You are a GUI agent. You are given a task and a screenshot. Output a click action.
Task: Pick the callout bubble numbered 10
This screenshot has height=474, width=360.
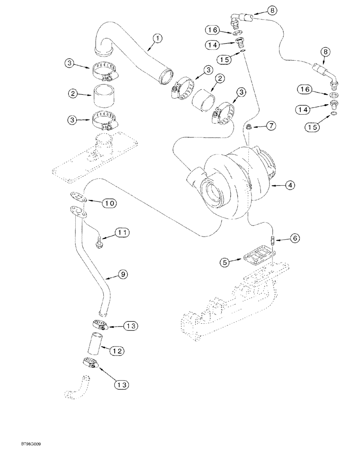click(109, 202)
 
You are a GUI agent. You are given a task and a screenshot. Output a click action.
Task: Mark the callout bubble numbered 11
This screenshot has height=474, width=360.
click(122, 233)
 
